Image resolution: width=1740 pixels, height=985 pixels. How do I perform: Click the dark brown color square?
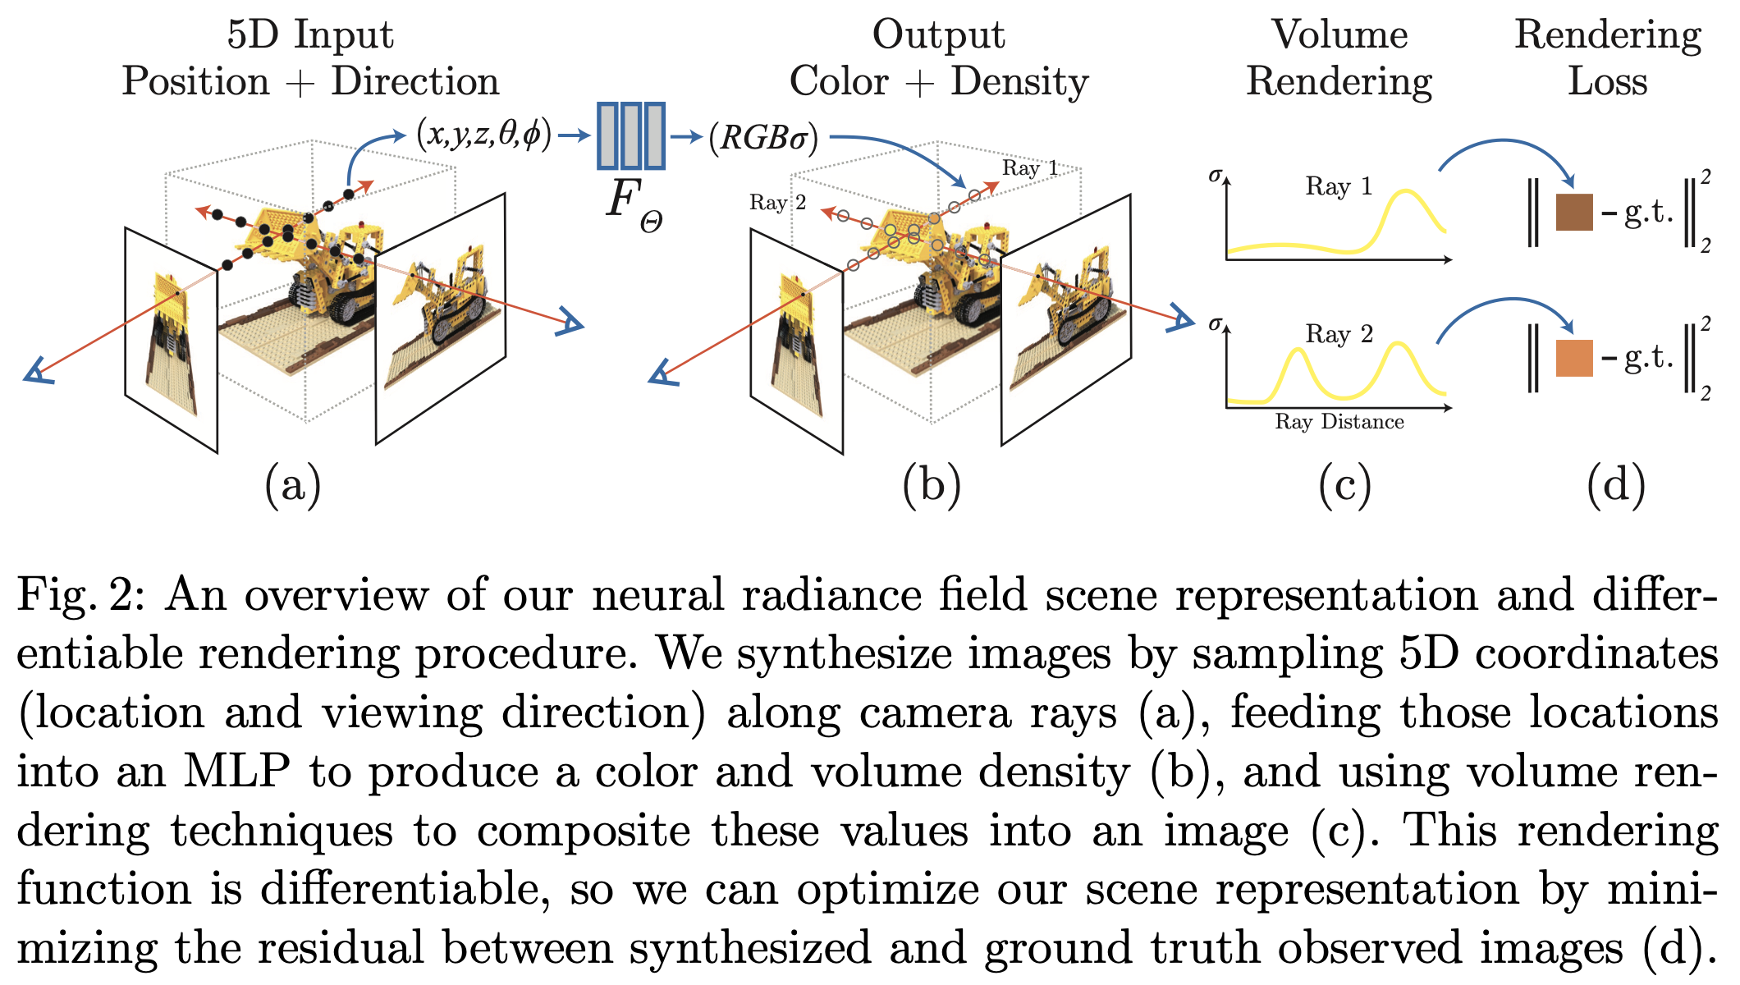tap(1574, 212)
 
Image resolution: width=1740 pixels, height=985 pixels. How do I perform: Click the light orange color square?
tap(1574, 358)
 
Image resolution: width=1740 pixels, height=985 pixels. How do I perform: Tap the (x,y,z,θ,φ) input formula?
tap(484, 134)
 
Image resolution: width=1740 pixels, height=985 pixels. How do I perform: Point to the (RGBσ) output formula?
tap(763, 137)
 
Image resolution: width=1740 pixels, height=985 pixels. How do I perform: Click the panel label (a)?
tap(293, 485)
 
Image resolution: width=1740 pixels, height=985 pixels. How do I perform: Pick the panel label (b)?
tap(932, 485)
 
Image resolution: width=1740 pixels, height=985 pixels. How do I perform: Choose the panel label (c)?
tap(1344, 485)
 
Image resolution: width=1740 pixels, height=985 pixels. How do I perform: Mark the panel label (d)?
tap(1615, 485)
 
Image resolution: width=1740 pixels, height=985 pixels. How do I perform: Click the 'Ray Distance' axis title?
tap(1339, 422)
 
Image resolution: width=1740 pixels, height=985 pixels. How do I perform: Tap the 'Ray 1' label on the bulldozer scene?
tap(1030, 168)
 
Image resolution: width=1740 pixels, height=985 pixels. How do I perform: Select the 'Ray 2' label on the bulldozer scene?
tap(777, 203)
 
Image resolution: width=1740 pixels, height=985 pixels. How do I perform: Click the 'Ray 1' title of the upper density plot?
tap(1339, 186)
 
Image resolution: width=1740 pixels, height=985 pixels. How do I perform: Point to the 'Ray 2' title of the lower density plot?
tap(1339, 334)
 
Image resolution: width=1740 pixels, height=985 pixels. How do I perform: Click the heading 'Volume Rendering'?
tap(1339, 57)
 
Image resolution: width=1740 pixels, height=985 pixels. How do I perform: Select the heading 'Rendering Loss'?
tap(1607, 57)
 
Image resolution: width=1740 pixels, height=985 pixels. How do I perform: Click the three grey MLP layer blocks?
tap(630, 135)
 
